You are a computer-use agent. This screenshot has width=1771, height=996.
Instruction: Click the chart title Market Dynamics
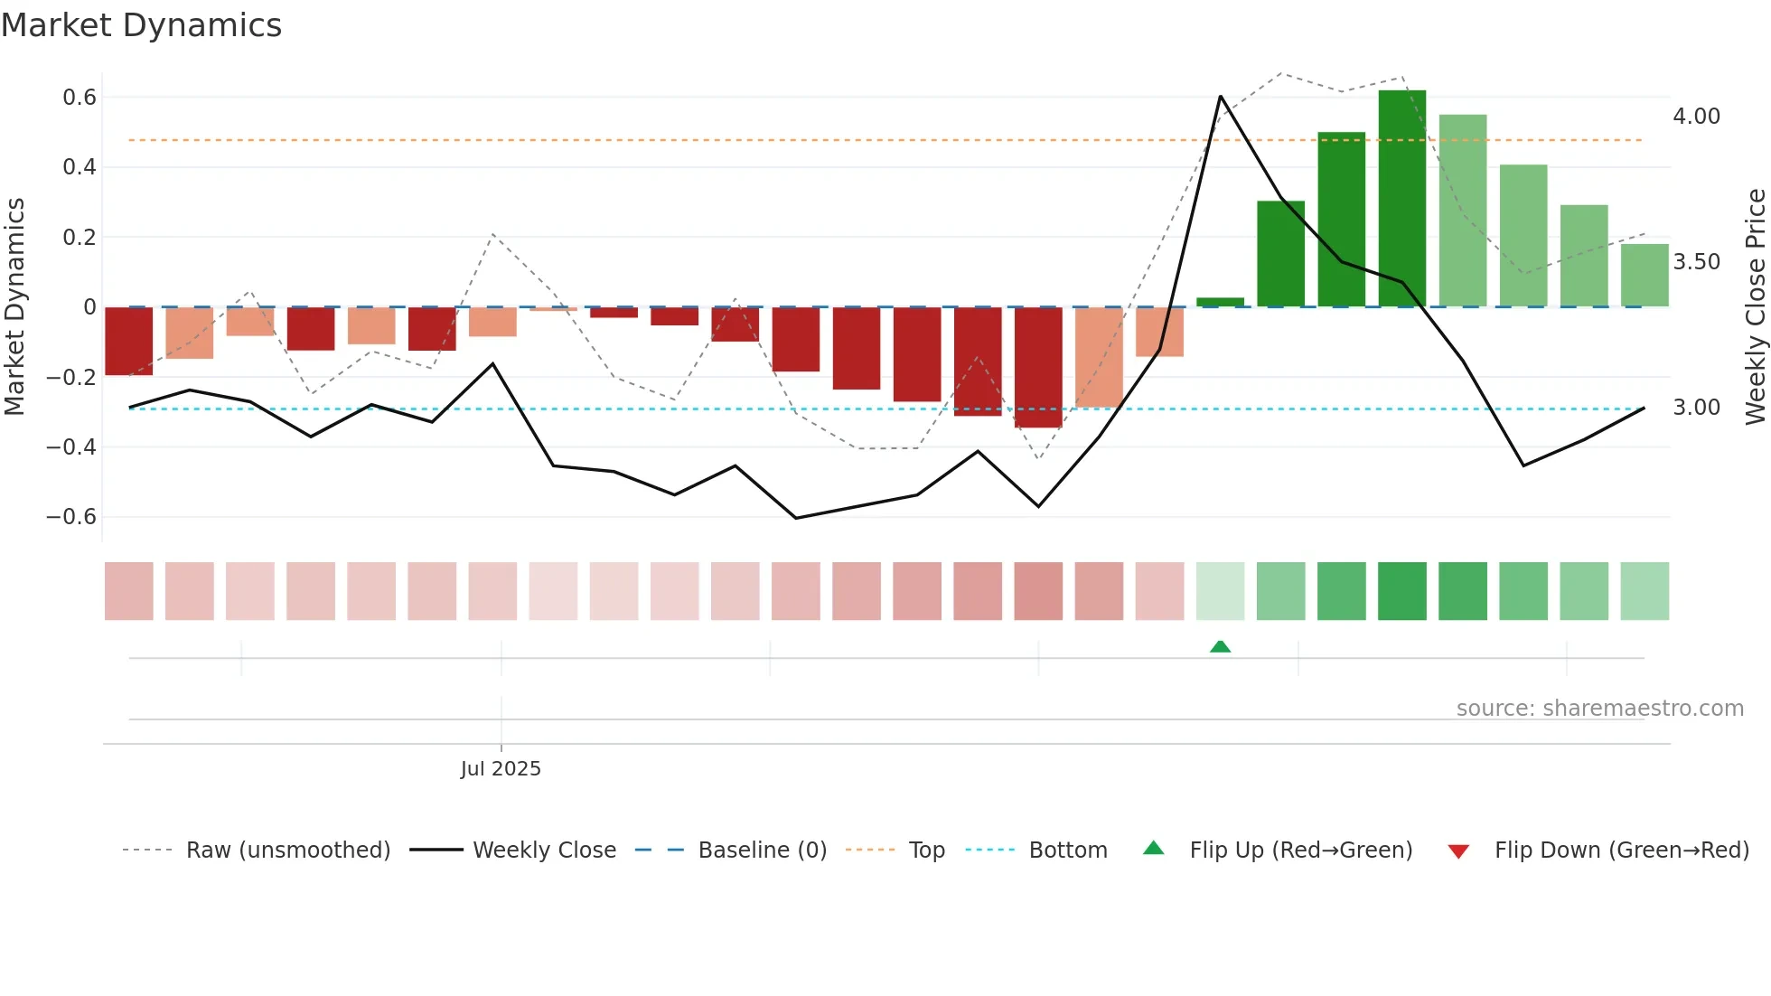[141, 25]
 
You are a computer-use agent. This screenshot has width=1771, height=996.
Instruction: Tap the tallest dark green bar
[1401, 199]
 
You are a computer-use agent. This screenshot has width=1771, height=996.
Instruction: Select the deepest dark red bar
[1038, 367]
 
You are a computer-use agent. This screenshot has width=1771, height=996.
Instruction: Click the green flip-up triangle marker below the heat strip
[1220, 646]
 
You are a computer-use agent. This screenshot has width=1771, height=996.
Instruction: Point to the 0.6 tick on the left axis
[80, 98]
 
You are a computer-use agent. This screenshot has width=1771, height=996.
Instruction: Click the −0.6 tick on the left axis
[71, 517]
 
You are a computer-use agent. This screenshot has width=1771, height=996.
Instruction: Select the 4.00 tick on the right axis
[1696, 117]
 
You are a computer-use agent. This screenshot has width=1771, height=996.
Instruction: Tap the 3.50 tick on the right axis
[1696, 262]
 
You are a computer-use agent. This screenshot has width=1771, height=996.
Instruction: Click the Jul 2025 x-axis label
[501, 769]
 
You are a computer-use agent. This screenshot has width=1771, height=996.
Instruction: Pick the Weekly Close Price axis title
[1755, 307]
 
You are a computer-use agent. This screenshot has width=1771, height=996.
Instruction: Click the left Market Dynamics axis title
[14, 307]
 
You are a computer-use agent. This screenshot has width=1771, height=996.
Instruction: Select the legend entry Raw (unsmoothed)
[287, 850]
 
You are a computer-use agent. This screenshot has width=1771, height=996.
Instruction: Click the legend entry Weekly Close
[544, 850]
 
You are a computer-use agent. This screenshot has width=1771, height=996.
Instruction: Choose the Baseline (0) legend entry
[762, 850]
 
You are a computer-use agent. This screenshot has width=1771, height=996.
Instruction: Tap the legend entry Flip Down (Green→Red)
[1621, 850]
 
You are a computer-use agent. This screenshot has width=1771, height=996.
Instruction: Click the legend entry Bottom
[1067, 850]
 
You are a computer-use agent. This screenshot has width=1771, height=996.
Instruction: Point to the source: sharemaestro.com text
[1599, 709]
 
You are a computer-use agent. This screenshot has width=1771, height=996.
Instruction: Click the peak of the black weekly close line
[1220, 96]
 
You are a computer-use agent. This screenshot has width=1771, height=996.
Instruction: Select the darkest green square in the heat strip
[1401, 591]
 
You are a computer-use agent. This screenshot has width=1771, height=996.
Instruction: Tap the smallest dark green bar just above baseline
[1220, 302]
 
